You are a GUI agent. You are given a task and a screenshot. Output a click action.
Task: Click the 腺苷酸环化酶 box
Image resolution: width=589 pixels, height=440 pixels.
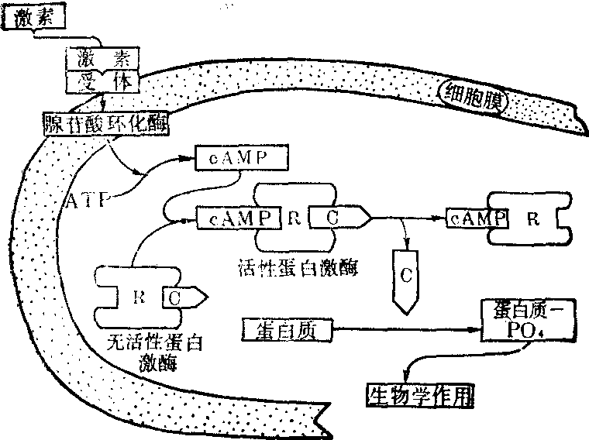pyautogui.click(x=104, y=123)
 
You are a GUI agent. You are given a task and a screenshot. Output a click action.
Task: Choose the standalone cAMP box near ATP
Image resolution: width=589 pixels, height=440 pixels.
pyautogui.click(x=241, y=157)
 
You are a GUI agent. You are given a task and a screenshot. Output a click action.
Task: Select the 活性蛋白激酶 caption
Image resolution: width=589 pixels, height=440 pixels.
pyautogui.click(x=297, y=269)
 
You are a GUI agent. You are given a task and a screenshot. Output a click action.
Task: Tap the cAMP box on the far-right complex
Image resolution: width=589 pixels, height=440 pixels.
pyautogui.click(x=476, y=218)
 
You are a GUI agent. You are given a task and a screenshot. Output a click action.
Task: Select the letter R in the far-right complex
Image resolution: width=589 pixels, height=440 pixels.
pyautogui.click(x=533, y=218)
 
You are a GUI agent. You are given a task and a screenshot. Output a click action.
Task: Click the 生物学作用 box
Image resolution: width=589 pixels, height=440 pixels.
pyautogui.click(x=418, y=394)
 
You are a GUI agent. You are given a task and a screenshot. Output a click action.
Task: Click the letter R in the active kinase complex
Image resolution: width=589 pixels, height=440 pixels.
pyautogui.click(x=294, y=218)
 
